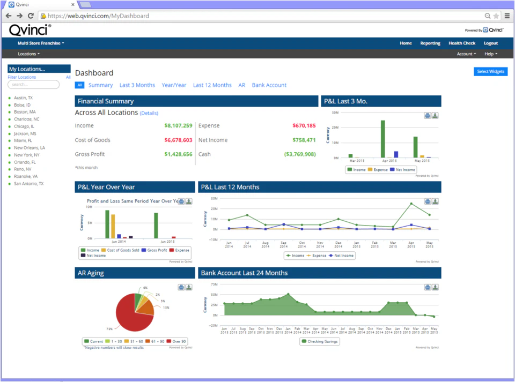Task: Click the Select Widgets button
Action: (490, 71)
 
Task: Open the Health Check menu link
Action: (462, 43)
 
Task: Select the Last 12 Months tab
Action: (212, 85)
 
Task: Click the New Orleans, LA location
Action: (30, 148)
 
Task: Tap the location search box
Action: (33, 85)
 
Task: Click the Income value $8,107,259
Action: (178, 126)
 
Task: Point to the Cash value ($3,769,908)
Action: (299, 154)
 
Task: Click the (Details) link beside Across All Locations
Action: (149, 114)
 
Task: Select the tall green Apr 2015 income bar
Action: (383, 139)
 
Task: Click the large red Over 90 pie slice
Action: (129, 316)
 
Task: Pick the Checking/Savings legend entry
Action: (320, 341)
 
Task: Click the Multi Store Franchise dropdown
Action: (41, 43)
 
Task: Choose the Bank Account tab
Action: (269, 85)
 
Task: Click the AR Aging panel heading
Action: (91, 273)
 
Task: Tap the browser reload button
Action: (31, 16)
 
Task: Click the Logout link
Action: (490, 43)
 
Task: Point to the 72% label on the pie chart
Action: (109, 328)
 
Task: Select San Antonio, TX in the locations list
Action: (28, 184)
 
